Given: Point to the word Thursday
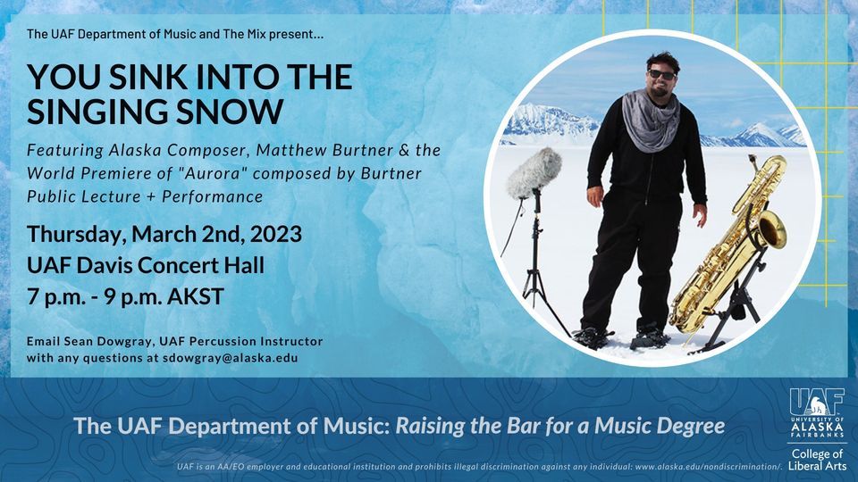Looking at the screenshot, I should [76, 235].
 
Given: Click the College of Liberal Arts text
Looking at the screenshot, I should [816, 461].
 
